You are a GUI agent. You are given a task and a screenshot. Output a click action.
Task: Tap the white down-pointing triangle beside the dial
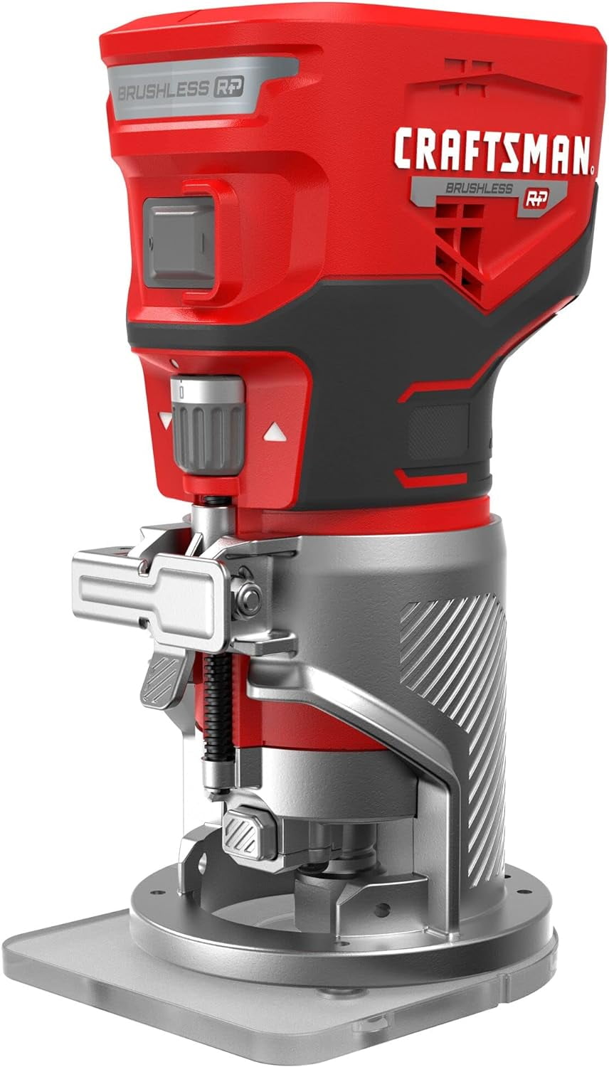166,421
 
